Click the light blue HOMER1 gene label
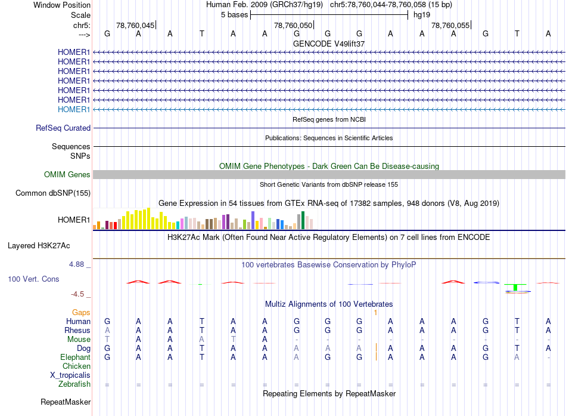click(x=74, y=109)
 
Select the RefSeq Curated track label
click(x=63, y=128)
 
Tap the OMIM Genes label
click(x=67, y=174)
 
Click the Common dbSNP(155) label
click(x=53, y=193)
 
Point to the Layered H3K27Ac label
click(x=39, y=246)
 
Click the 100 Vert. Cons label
click(x=33, y=279)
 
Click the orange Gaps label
click(x=81, y=312)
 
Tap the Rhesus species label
click(x=77, y=330)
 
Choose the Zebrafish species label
click(x=74, y=384)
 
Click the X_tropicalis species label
click(x=70, y=375)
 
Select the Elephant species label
click(x=76, y=357)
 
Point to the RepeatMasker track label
click(x=66, y=402)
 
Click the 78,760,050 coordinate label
click(x=293, y=25)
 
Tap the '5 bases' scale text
click(x=235, y=15)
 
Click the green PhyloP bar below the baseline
click(x=515, y=288)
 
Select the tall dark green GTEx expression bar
click(x=303, y=220)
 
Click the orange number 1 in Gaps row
click(x=375, y=312)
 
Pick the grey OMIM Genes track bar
click(x=329, y=175)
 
